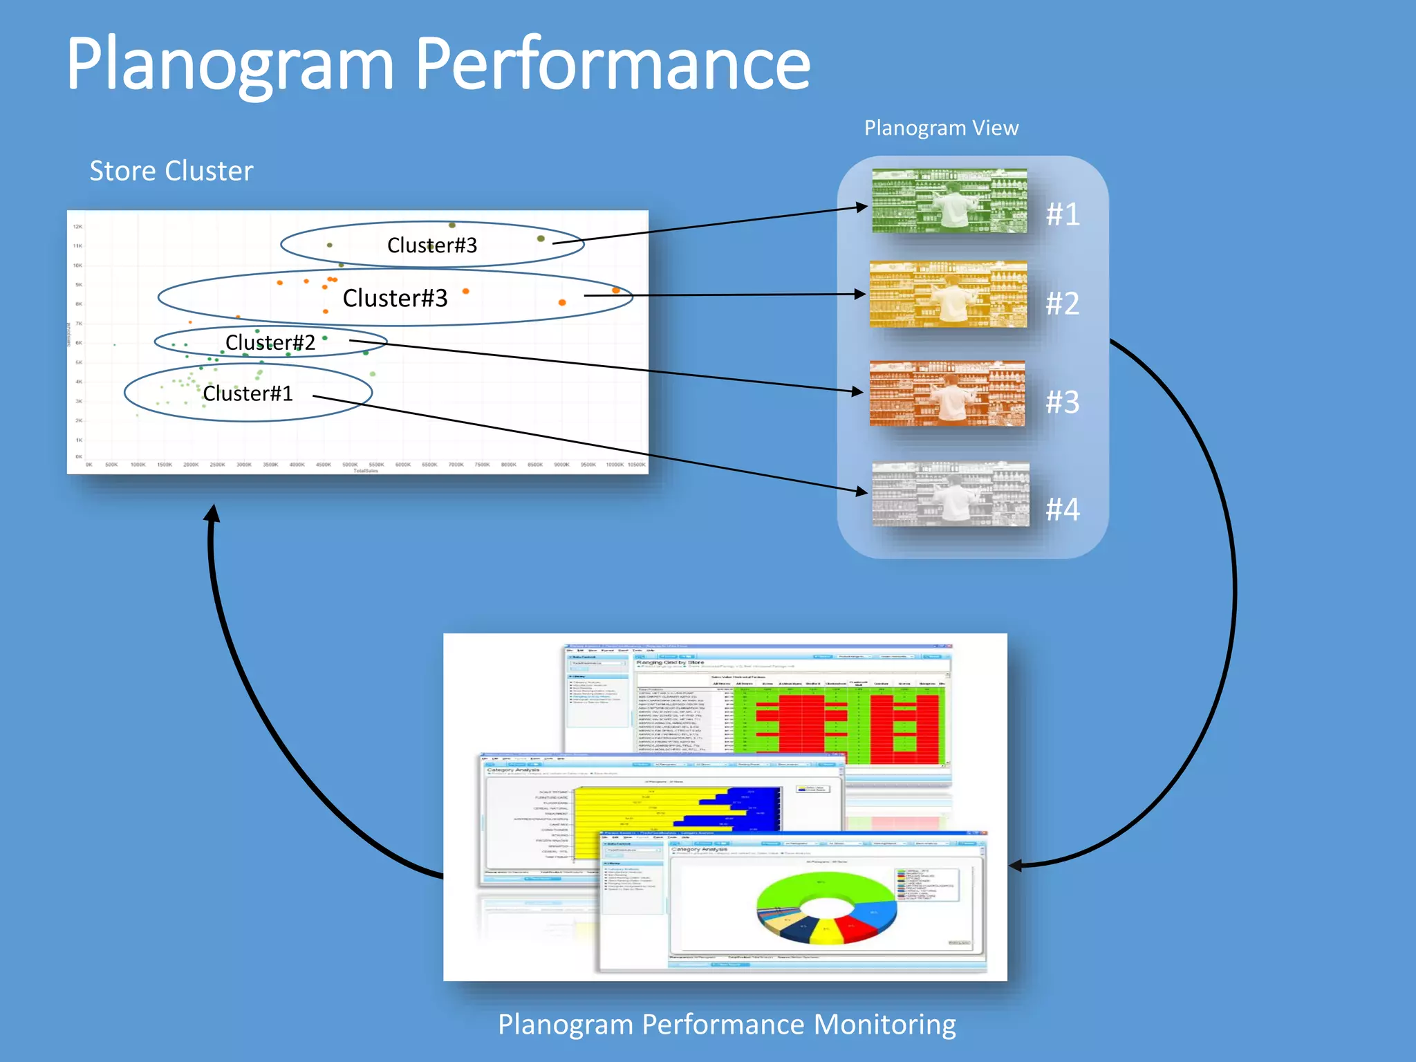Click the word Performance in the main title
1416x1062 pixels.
pyautogui.click(x=613, y=66)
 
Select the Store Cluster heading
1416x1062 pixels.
pyautogui.click(x=171, y=171)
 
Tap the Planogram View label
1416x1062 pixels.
pyautogui.click(x=941, y=128)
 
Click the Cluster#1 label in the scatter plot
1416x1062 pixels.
pyautogui.click(x=248, y=393)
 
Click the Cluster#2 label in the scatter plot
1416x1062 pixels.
pyautogui.click(x=270, y=342)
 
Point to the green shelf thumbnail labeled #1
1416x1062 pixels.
pyautogui.click(x=949, y=201)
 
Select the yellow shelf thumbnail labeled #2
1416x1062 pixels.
pyautogui.click(x=948, y=294)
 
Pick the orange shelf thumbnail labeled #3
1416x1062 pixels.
pyautogui.click(x=947, y=393)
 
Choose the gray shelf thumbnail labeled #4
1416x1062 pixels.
pyautogui.click(x=950, y=494)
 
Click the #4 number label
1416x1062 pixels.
pyautogui.click(x=1062, y=510)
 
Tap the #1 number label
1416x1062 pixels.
pyautogui.click(x=1063, y=214)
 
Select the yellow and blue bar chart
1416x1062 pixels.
pyautogui.click(x=678, y=809)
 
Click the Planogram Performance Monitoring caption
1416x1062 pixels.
pyautogui.click(x=727, y=1024)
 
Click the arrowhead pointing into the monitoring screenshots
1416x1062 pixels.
pyautogui.click(x=1016, y=865)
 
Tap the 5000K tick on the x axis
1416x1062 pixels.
pyautogui.click(x=350, y=465)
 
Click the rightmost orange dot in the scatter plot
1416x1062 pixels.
pyautogui.click(x=616, y=290)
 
